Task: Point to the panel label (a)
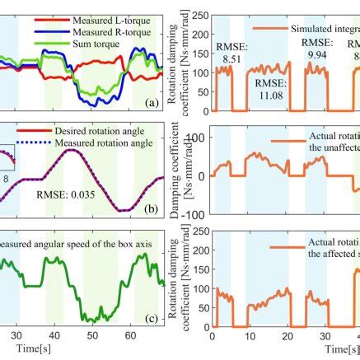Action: point(151,103)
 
